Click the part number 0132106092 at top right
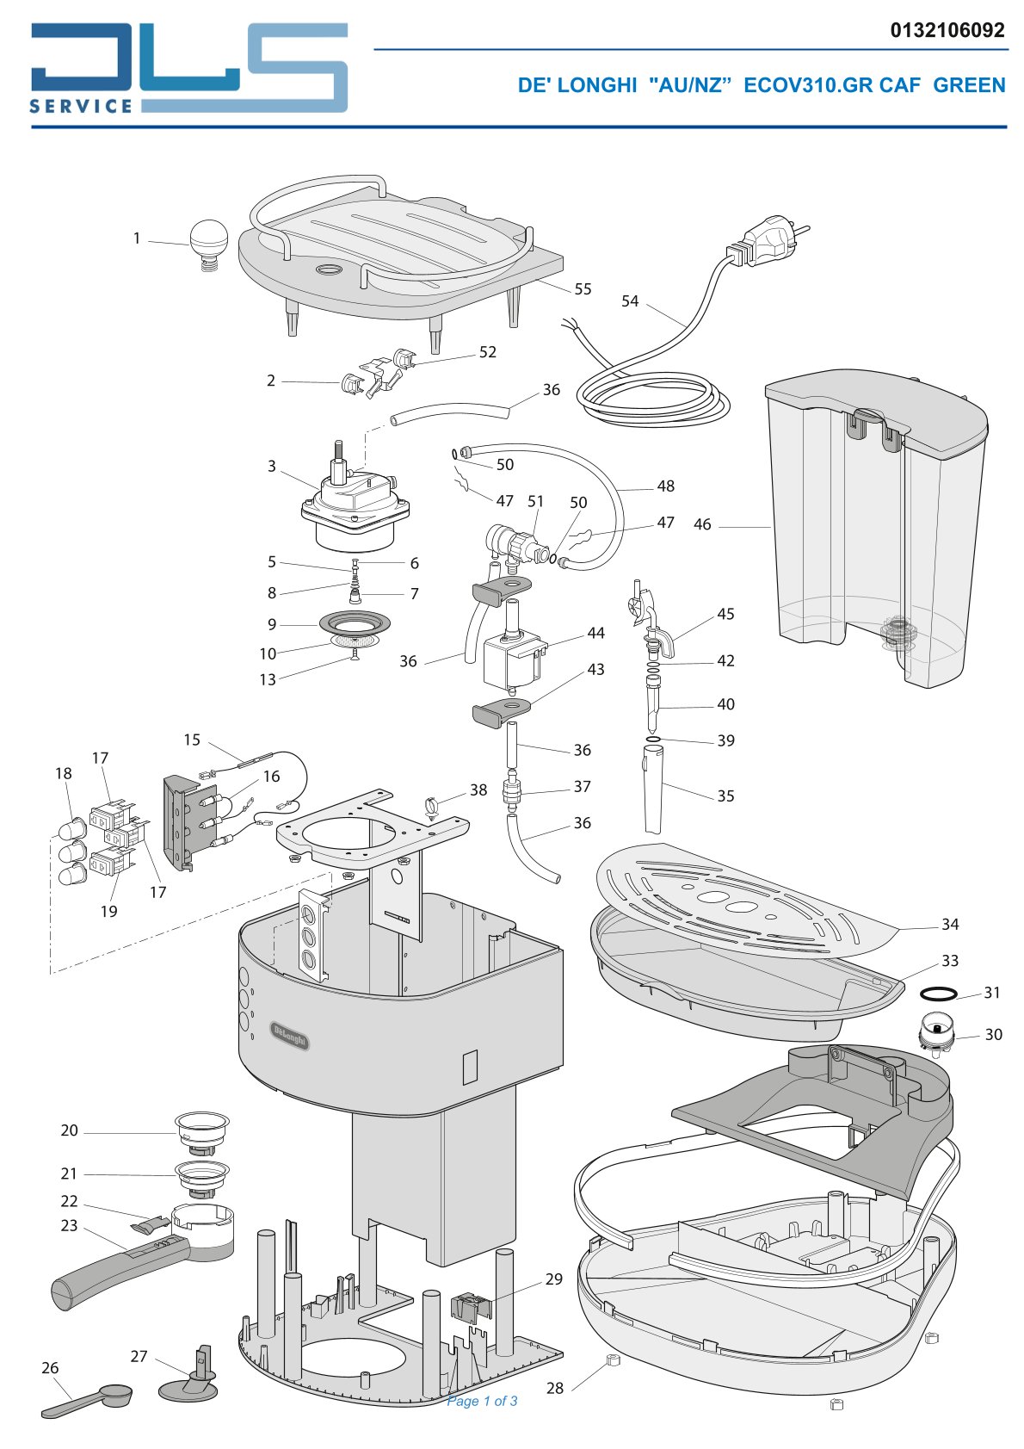pyautogui.click(x=947, y=30)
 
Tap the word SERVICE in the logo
pyautogui.click(x=81, y=106)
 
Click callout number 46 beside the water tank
pyautogui.click(x=702, y=524)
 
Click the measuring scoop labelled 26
pyautogui.click(x=87, y=1400)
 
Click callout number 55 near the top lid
pyautogui.click(x=583, y=288)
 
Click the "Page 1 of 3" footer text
pyautogui.click(x=482, y=1401)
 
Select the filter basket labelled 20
pyautogui.click(x=202, y=1133)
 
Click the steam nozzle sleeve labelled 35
pyautogui.click(x=654, y=789)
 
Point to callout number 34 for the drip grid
pyautogui.click(x=950, y=924)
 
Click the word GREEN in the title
pyautogui.click(x=969, y=84)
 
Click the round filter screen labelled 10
pyautogui.click(x=355, y=641)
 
